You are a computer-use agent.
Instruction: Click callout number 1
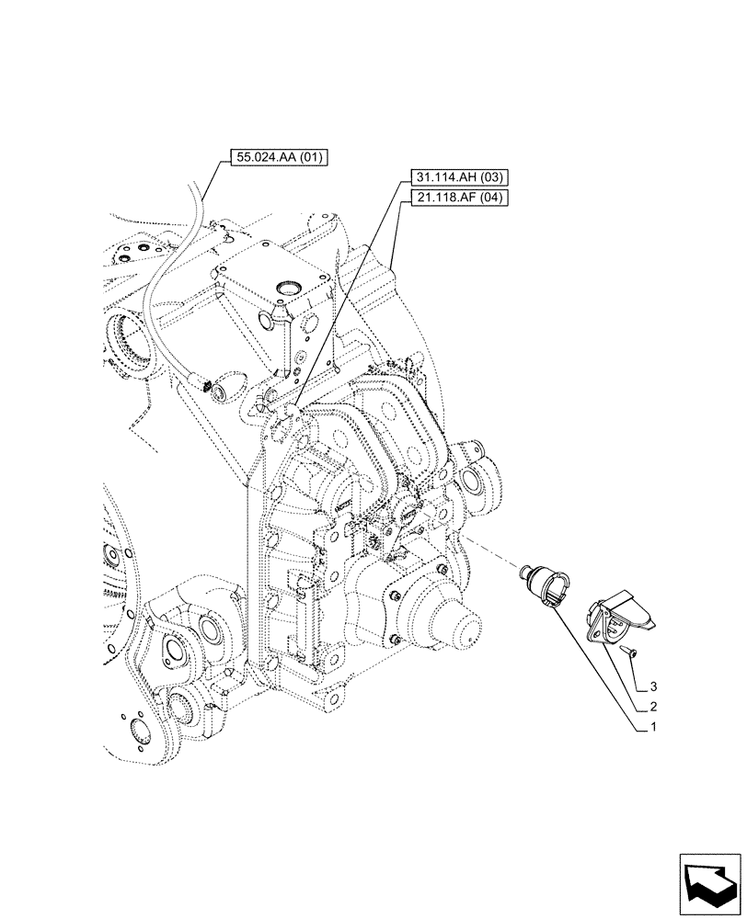pos(653,727)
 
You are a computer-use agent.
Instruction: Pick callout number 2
pos(653,707)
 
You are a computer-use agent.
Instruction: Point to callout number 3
pos(653,686)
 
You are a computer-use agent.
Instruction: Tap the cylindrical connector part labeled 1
pos(542,585)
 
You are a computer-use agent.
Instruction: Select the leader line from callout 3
pos(635,668)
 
